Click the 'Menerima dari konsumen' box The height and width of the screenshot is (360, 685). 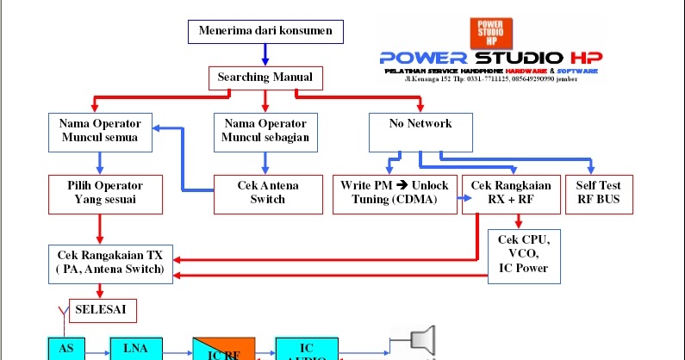coord(265,33)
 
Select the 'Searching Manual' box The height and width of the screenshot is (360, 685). coord(265,78)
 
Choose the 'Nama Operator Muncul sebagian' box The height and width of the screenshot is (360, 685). coord(265,130)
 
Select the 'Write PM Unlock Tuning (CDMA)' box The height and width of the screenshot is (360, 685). coord(395,193)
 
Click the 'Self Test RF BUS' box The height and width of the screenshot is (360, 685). coord(597,193)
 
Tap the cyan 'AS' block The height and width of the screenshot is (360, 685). coord(66,348)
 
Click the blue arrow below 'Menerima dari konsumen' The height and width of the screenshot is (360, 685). coord(265,55)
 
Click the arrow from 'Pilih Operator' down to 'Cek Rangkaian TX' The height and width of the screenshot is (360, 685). coord(101,229)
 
